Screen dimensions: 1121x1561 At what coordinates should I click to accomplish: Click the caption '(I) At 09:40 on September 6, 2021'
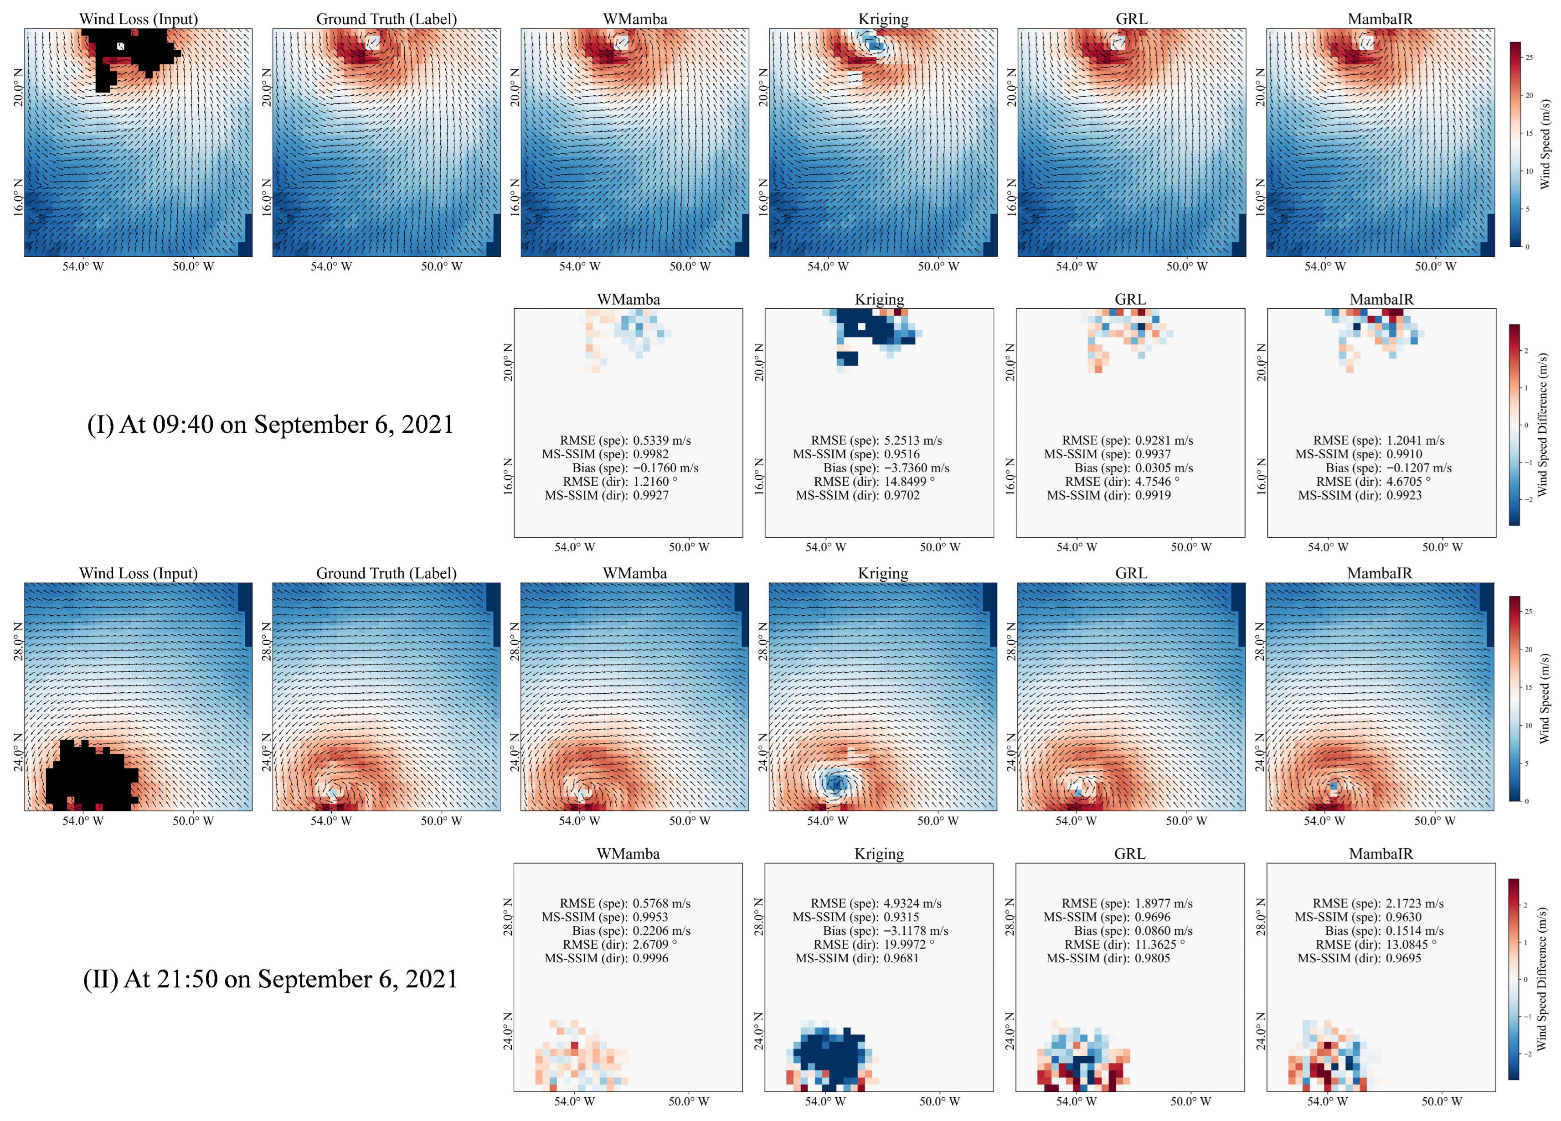270,424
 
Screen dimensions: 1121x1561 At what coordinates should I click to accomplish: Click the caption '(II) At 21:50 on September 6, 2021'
270,978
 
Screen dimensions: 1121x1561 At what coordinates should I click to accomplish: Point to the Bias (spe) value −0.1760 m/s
665,467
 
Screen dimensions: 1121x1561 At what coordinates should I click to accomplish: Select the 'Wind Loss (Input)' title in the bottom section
139,573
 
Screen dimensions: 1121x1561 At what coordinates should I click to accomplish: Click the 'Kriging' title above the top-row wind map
883,19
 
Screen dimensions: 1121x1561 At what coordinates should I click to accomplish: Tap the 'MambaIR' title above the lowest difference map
1380,853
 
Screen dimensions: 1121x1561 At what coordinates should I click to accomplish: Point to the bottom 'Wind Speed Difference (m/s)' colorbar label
1542,978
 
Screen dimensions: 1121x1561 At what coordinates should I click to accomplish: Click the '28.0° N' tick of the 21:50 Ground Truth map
266,641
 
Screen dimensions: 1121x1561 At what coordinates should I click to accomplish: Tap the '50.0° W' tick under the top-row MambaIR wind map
1435,266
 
